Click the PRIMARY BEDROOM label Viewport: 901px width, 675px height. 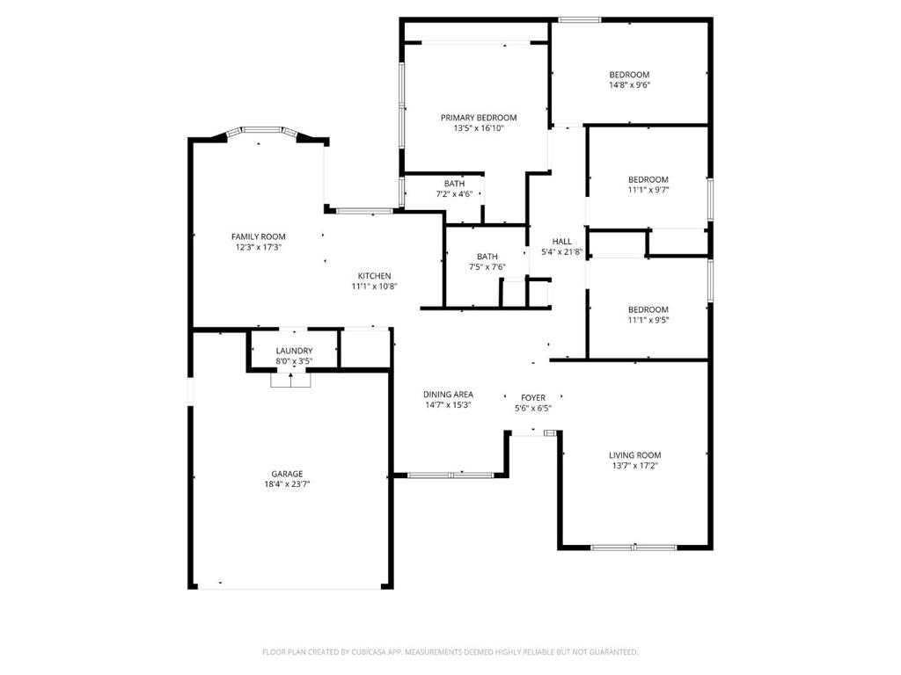pos(479,118)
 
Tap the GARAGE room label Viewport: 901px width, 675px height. pos(287,474)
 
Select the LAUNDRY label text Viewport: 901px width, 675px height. pos(294,352)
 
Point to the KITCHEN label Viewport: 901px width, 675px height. pos(375,276)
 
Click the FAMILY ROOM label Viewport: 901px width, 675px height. pos(259,236)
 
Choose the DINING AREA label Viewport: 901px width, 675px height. pos(448,395)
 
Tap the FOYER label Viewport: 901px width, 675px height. pos(533,398)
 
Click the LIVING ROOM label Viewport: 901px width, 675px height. pos(635,455)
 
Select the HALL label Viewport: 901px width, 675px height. pos(562,242)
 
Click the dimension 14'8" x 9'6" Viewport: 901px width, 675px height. pos(630,85)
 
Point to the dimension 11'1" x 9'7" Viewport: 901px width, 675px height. pos(648,190)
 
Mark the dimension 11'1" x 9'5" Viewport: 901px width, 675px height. pos(648,320)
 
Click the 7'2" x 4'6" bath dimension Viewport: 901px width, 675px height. pos(454,194)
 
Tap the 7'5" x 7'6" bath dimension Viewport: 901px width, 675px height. pos(487,267)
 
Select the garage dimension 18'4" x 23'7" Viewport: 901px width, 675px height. pos(287,484)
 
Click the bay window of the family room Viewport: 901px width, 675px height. pos(261,131)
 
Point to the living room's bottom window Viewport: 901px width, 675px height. pos(634,548)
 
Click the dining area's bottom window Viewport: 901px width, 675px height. pos(450,475)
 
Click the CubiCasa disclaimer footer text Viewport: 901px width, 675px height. pos(450,652)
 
